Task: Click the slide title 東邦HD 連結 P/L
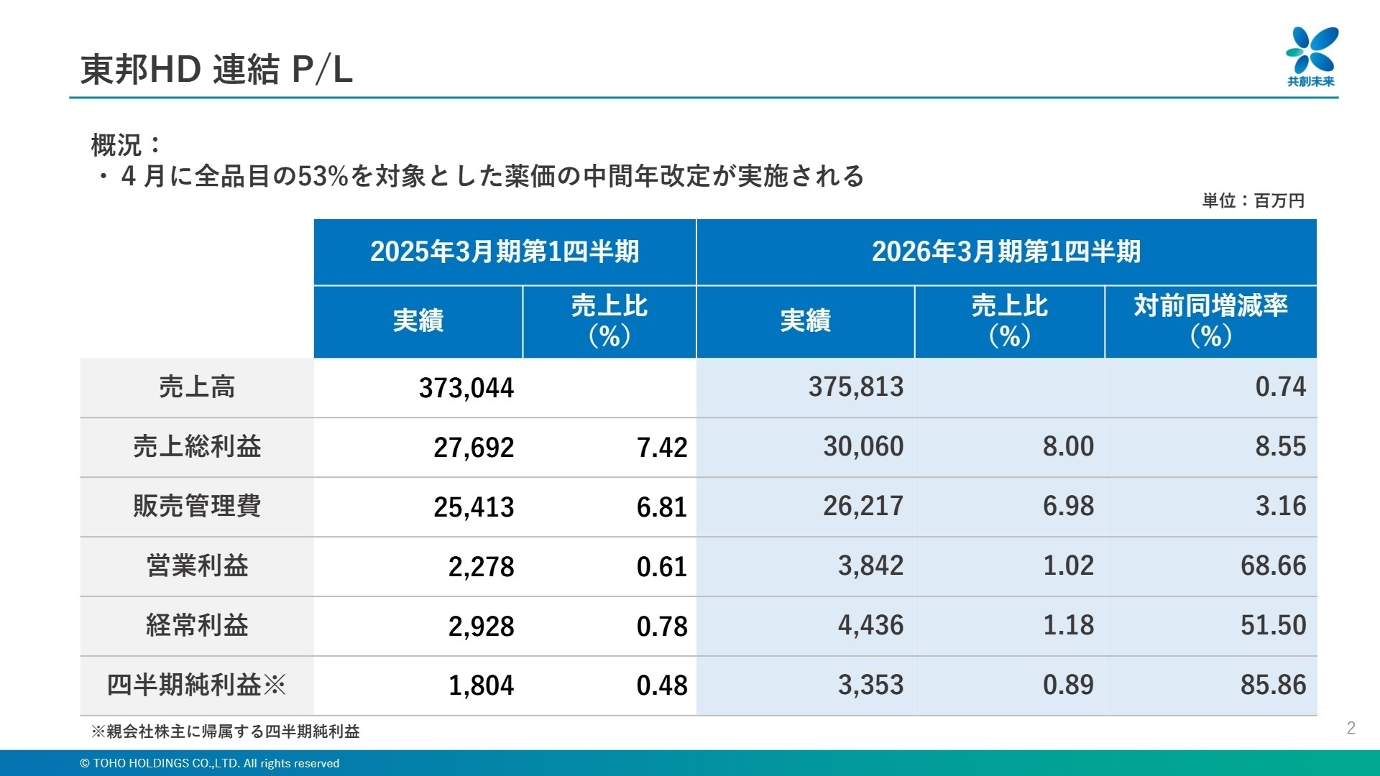tap(216, 70)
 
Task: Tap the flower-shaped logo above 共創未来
tap(1312, 50)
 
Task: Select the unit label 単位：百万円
tap(1253, 200)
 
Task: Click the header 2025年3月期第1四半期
tap(505, 251)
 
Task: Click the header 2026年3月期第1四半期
tap(1006, 251)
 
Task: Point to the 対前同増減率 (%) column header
tap(1210, 320)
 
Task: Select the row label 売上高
tap(197, 387)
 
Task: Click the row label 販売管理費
tap(197, 507)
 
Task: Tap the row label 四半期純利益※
tap(197, 685)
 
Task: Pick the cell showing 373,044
tap(466, 388)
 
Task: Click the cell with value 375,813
tap(855, 387)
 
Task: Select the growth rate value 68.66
tap(1273, 566)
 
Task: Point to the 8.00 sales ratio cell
tap(1068, 447)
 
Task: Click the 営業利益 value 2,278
tap(481, 567)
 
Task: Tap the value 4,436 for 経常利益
tap(870, 626)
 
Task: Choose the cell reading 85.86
tap(1273, 685)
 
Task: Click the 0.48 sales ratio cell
tap(661, 685)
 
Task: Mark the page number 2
tap(1351, 728)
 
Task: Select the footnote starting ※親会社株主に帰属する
tap(225, 731)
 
